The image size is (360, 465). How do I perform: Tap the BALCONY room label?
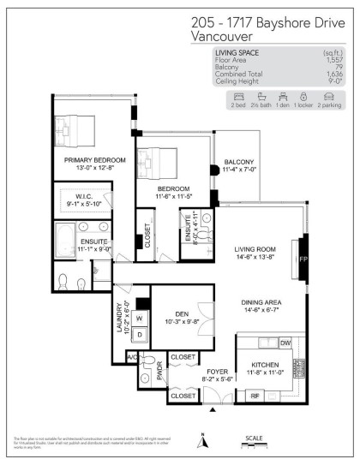239,163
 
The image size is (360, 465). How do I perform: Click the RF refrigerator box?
254,395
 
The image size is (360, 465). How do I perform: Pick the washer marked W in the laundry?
138,318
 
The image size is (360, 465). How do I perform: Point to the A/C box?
133,355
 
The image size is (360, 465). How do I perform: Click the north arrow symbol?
203,442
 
